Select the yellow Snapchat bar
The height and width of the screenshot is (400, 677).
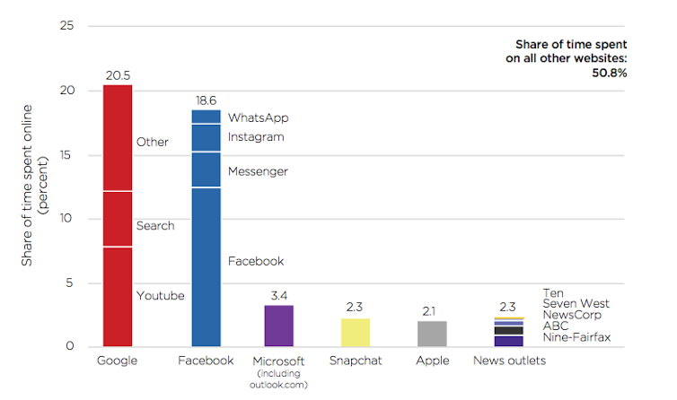point(356,333)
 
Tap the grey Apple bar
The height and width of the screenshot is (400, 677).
point(432,334)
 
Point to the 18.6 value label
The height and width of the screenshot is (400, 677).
point(207,100)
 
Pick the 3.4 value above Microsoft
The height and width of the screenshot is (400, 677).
point(278,295)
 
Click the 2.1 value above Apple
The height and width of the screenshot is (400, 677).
point(432,310)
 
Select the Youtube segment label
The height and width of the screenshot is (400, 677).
point(160,296)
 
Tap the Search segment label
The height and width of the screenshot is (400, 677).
point(154,226)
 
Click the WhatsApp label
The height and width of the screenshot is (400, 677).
point(258,117)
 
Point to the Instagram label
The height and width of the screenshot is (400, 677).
point(256,137)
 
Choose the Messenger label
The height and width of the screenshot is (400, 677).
point(258,171)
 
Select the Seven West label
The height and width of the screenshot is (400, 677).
point(576,304)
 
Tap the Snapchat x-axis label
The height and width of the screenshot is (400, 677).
point(356,361)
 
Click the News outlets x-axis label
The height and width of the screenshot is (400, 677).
point(509,361)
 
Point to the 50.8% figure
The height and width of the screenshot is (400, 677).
point(608,73)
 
